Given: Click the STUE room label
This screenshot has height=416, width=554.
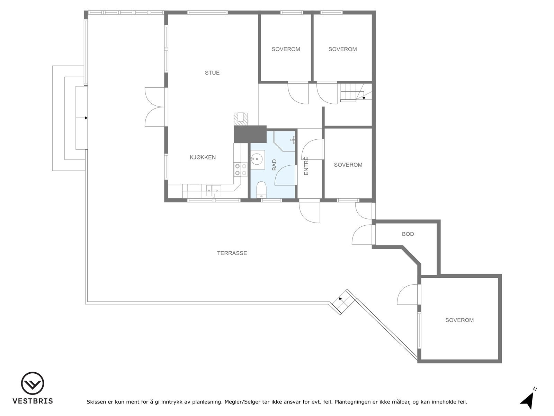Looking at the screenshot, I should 212,73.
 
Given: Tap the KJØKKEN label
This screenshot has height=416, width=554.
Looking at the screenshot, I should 203,157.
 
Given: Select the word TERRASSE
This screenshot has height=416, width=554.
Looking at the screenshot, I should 232,253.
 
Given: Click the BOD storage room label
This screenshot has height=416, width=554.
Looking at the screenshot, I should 408,234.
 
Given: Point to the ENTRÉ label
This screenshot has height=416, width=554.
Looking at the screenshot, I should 306,166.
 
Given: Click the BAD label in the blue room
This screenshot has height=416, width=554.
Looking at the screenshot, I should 274,165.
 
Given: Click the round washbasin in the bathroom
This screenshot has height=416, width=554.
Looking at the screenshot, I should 257,159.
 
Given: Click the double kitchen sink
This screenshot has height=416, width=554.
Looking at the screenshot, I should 214,189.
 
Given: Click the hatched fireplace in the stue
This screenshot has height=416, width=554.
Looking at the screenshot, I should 241,119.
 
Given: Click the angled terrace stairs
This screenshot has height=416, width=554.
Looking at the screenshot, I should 343,302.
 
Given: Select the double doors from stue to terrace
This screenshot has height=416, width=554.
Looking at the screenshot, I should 155,107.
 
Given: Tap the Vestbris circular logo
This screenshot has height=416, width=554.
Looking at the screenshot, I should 33,383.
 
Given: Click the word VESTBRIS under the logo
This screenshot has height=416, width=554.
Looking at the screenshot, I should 33,401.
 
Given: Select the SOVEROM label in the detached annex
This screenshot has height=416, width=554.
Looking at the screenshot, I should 459,320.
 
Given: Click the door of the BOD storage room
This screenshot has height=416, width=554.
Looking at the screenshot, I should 363,235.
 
